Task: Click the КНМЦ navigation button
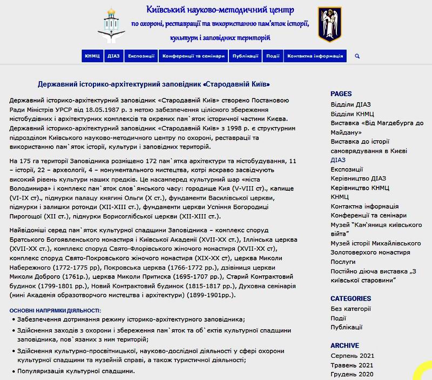pyautogui.click(x=92, y=56)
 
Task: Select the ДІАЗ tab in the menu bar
pyautogui.click(x=113, y=56)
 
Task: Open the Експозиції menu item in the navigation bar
pyautogui.click(x=141, y=56)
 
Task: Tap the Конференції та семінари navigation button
pyautogui.click(x=193, y=56)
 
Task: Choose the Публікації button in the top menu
pyautogui.click(x=245, y=56)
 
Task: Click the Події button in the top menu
pyautogui.click(x=273, y=56)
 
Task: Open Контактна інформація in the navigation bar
pyautogui.click(x=315, y=56)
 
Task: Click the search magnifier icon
pyautogui.click(x=357, y=56)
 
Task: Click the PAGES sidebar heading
pyautogui.click(x=341, y=94)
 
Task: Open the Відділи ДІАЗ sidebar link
pyautogui.click(x=350, y=104)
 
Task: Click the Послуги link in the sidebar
pyautogui.click(x=343, y=262)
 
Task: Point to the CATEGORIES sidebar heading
pyautogui.click(x=350, y=298)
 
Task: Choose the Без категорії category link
pyautogui.click(x=350, y=309)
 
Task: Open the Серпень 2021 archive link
pyautogui.click(x=352, y=356)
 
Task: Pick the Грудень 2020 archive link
pyautogui.click(x=352, y=374)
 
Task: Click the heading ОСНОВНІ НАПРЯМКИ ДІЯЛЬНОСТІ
pyautogui.click(x=55, y=310)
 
